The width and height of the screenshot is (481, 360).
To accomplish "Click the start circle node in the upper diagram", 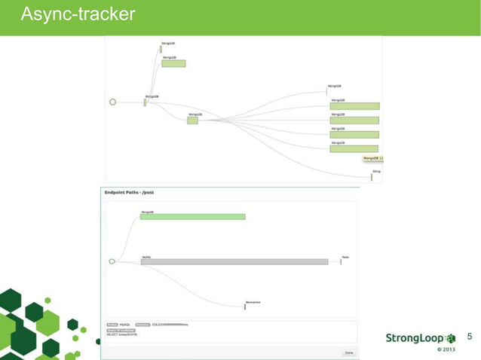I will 113,102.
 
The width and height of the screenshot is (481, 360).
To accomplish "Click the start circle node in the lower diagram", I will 112,261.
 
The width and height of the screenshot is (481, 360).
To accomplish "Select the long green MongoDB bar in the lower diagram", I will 193,217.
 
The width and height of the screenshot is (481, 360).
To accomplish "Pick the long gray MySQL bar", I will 234,261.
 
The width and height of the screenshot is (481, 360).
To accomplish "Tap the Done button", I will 348,352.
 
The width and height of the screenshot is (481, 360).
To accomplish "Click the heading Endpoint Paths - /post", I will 129,193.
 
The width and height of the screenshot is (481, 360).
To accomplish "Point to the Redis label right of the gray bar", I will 345,257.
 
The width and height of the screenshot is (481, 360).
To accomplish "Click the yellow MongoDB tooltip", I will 372,158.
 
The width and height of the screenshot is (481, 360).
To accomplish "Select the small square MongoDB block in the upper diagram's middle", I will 192,121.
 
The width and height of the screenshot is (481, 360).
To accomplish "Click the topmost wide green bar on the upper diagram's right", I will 354,106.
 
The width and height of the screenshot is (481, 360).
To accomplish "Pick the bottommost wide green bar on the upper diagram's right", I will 354,148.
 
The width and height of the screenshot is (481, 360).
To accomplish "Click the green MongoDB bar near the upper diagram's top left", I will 173,63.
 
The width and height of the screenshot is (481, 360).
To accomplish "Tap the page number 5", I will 470,336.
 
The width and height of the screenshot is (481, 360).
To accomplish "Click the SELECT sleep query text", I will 122,334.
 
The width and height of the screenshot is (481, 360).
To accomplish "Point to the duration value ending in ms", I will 170,325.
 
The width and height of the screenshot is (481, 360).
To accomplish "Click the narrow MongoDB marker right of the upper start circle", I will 146,102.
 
